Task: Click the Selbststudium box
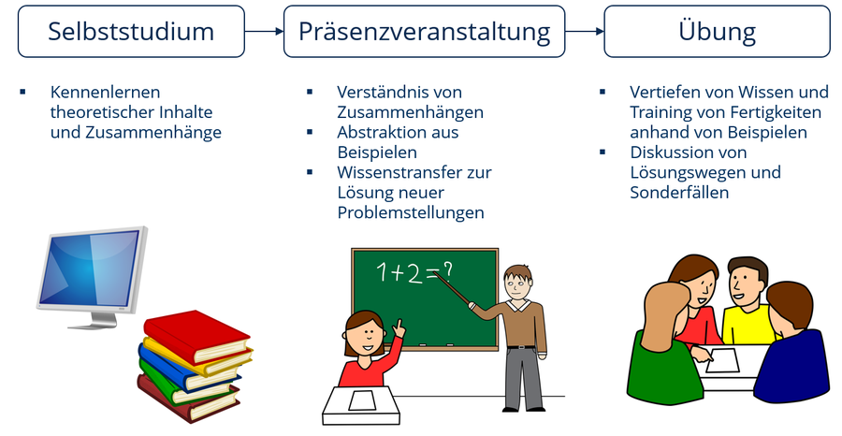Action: [131, 31]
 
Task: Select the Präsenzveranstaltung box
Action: [424, 31]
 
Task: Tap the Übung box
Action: [717, 31]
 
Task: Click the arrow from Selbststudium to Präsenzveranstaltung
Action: [264, 31]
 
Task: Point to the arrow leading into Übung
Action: [585, 31]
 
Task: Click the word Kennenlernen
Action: [105, 92]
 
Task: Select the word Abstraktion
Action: [376, 132]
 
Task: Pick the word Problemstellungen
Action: [411, 212]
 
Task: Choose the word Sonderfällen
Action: [679, 192]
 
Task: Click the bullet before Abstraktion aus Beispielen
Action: [310, 132]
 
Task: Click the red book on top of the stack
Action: [196, 336]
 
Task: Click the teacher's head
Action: [517, 283]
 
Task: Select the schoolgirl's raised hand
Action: [398, 327]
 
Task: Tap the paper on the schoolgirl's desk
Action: [362, 400]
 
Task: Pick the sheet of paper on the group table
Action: [721, 360]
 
